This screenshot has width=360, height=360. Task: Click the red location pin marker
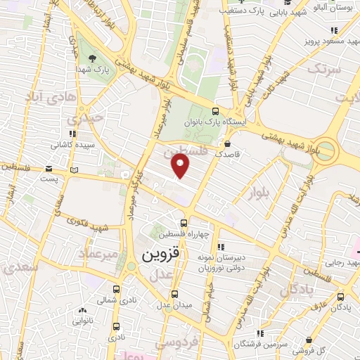pyautogui.click(x=181, y=167)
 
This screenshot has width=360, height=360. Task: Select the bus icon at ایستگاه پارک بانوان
pyautogui.click(x=215, y=111)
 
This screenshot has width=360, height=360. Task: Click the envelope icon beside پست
pyautogui.click(x=48, y=169)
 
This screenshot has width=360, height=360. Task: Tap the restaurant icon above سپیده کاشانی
pyautogui.click(x=71, y=131)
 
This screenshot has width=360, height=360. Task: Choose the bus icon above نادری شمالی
pyautogui.click(x=117, y=289)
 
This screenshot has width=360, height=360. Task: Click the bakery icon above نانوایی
pyautogui.click(x=83, y=309)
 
